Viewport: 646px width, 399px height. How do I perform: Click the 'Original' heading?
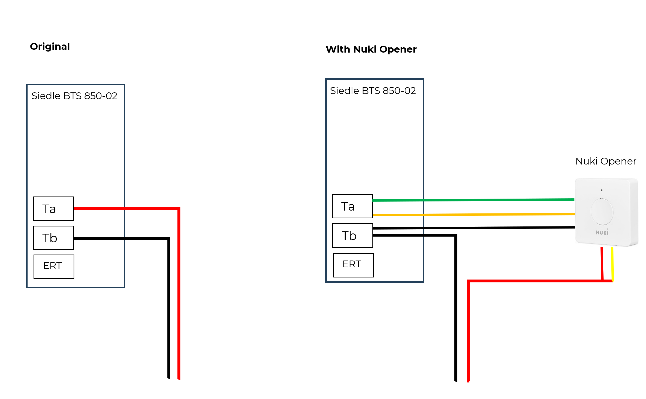click(x=50, y=46)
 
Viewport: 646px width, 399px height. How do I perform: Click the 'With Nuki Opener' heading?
click(x=371, y=49)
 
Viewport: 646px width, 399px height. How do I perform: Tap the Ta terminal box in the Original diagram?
click(x=53, y=209)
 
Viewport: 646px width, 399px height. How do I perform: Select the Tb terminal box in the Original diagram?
click(x=53, y=238)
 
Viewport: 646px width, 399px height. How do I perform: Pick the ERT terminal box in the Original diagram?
click(x=54, y=267)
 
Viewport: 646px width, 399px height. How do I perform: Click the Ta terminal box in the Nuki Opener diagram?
click(x=352, y=206)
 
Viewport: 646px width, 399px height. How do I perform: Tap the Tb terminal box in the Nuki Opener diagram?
click(x=353, y=236)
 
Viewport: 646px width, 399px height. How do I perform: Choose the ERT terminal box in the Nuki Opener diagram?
click(x=353, y=265)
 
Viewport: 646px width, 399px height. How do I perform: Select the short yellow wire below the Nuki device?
click(x=612, y=264)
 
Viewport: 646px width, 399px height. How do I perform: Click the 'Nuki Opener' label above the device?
click(x=606, y=161)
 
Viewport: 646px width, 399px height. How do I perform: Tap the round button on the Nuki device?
click(x=602, y=212)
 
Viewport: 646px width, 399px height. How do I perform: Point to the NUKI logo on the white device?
click(x=602, y=232)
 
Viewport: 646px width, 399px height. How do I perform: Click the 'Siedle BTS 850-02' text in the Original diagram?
click(x=74, y=96)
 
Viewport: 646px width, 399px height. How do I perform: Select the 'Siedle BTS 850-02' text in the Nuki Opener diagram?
click(x=373, y=91)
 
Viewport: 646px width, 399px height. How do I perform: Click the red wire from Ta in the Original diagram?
click(x=179, y=290)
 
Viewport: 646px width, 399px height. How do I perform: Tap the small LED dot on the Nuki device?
click(x=602, y=190)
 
